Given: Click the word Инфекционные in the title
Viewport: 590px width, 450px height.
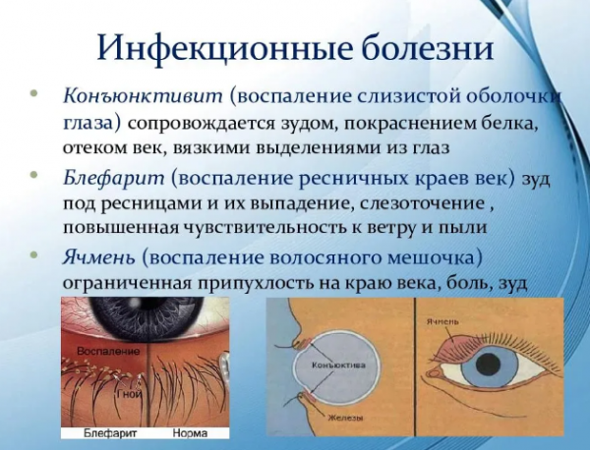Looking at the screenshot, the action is pos(224,47).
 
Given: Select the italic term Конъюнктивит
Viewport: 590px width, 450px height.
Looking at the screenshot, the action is pos(143,96).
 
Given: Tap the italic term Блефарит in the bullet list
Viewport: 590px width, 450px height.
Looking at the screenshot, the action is pos(114,178).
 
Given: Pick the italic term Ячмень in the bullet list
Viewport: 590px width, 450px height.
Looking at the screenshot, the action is pos(99,258).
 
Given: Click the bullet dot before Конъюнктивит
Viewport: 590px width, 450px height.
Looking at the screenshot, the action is pos(34,93).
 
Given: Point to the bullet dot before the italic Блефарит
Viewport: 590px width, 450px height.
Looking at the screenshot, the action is pos(34,174).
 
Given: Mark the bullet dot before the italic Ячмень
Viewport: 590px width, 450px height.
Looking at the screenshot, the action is pos(34,254).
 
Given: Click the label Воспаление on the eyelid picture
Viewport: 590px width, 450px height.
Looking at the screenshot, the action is pos(108,351).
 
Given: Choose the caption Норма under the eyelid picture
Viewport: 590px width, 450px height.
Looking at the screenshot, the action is pos(190,433).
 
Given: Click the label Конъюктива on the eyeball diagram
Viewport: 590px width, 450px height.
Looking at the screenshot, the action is pos(338,365).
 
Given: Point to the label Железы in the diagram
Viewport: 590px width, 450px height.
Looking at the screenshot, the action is pos(345,418).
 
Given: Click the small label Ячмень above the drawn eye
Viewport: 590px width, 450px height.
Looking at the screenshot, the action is pos(442,322).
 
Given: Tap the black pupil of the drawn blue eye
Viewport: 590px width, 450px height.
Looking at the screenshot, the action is pos(489,364).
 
